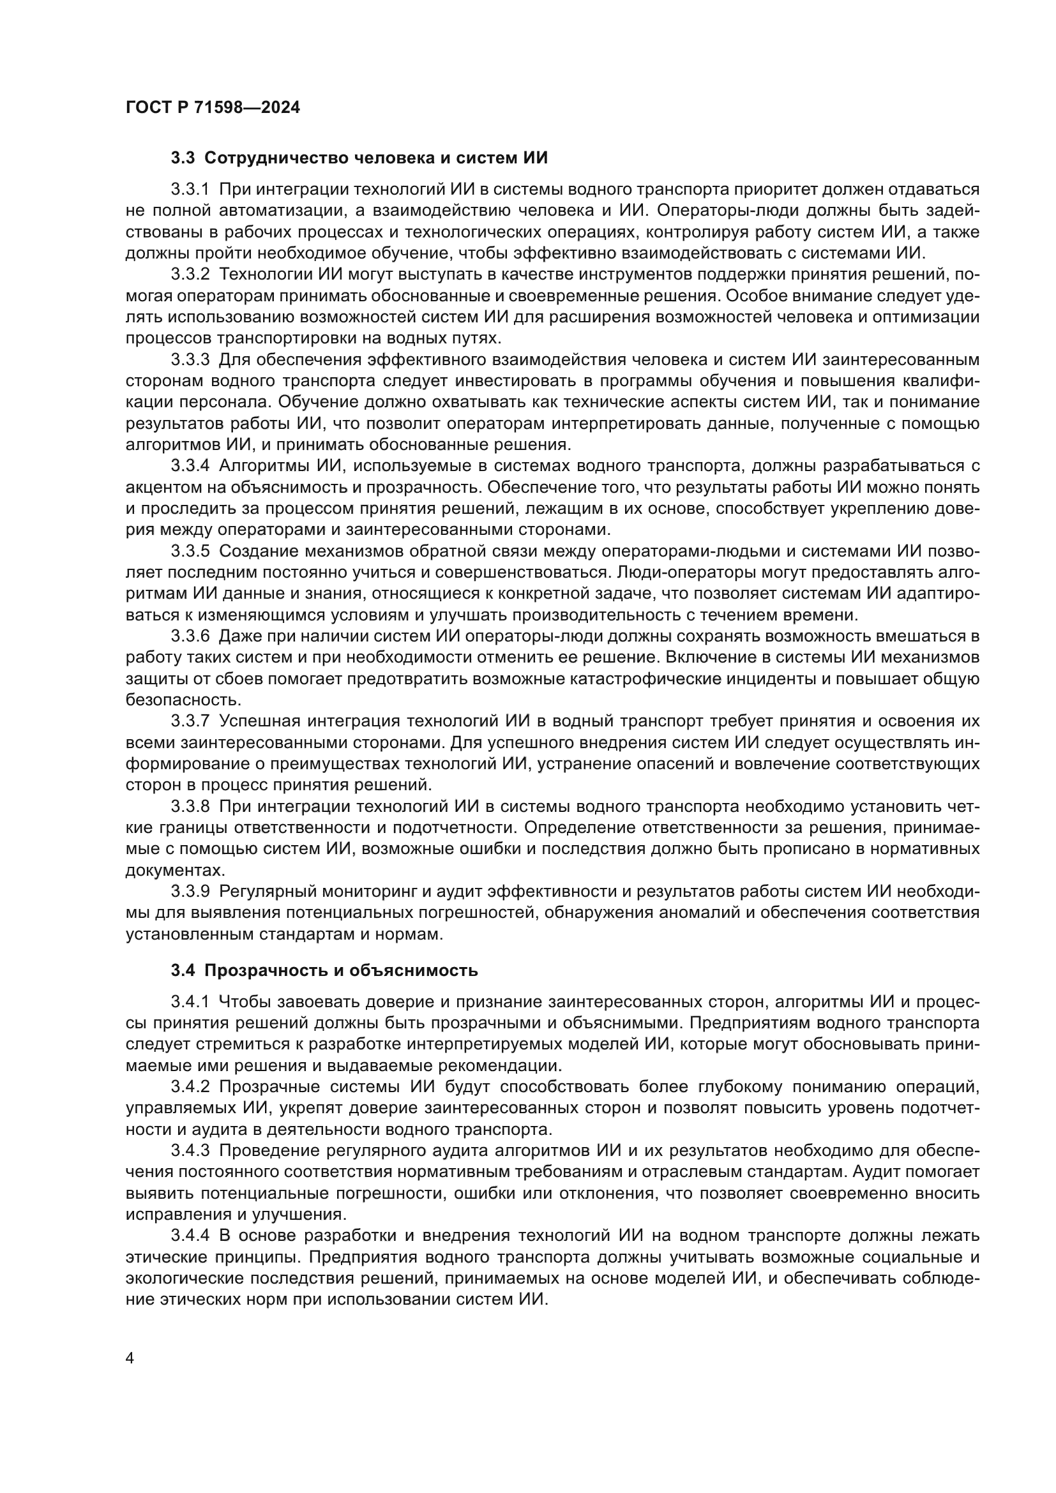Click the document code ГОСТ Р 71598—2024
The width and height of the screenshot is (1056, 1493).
coord(213,107)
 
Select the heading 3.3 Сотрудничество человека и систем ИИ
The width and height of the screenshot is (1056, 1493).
coord(359,158)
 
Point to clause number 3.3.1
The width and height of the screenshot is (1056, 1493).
coord(190,190)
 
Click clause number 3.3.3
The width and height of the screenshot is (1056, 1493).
coord(190,360)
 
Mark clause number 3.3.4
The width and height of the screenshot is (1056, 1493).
coord(190,466)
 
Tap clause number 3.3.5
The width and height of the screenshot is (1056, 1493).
coord(190,551)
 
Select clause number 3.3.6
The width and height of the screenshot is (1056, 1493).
coord(190,636)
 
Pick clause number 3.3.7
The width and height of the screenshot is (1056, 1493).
coord(190,721)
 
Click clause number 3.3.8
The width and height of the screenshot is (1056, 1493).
coord(190,807)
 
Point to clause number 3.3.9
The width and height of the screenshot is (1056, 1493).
coord(190,892)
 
